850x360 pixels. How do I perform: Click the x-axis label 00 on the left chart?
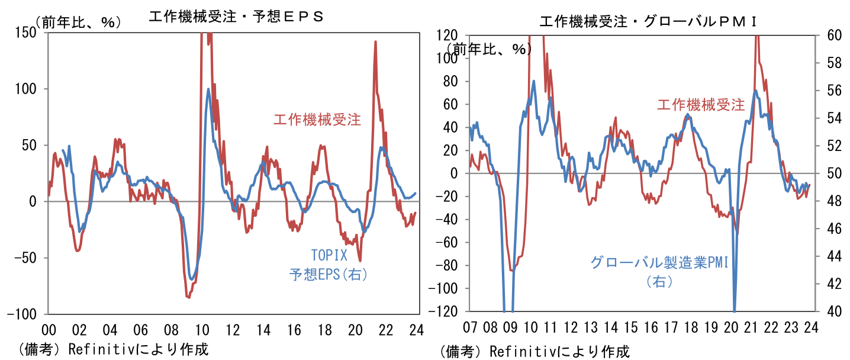(49, 330)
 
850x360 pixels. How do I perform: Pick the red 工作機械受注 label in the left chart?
(317, 120)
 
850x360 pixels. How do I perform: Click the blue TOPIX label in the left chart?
(329, 256)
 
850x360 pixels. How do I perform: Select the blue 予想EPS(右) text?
(329, 275)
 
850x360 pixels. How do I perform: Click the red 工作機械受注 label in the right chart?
(701, 105)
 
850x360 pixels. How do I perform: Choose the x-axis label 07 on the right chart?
(470, 327)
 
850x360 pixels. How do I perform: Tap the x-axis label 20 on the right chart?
(731, 327)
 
